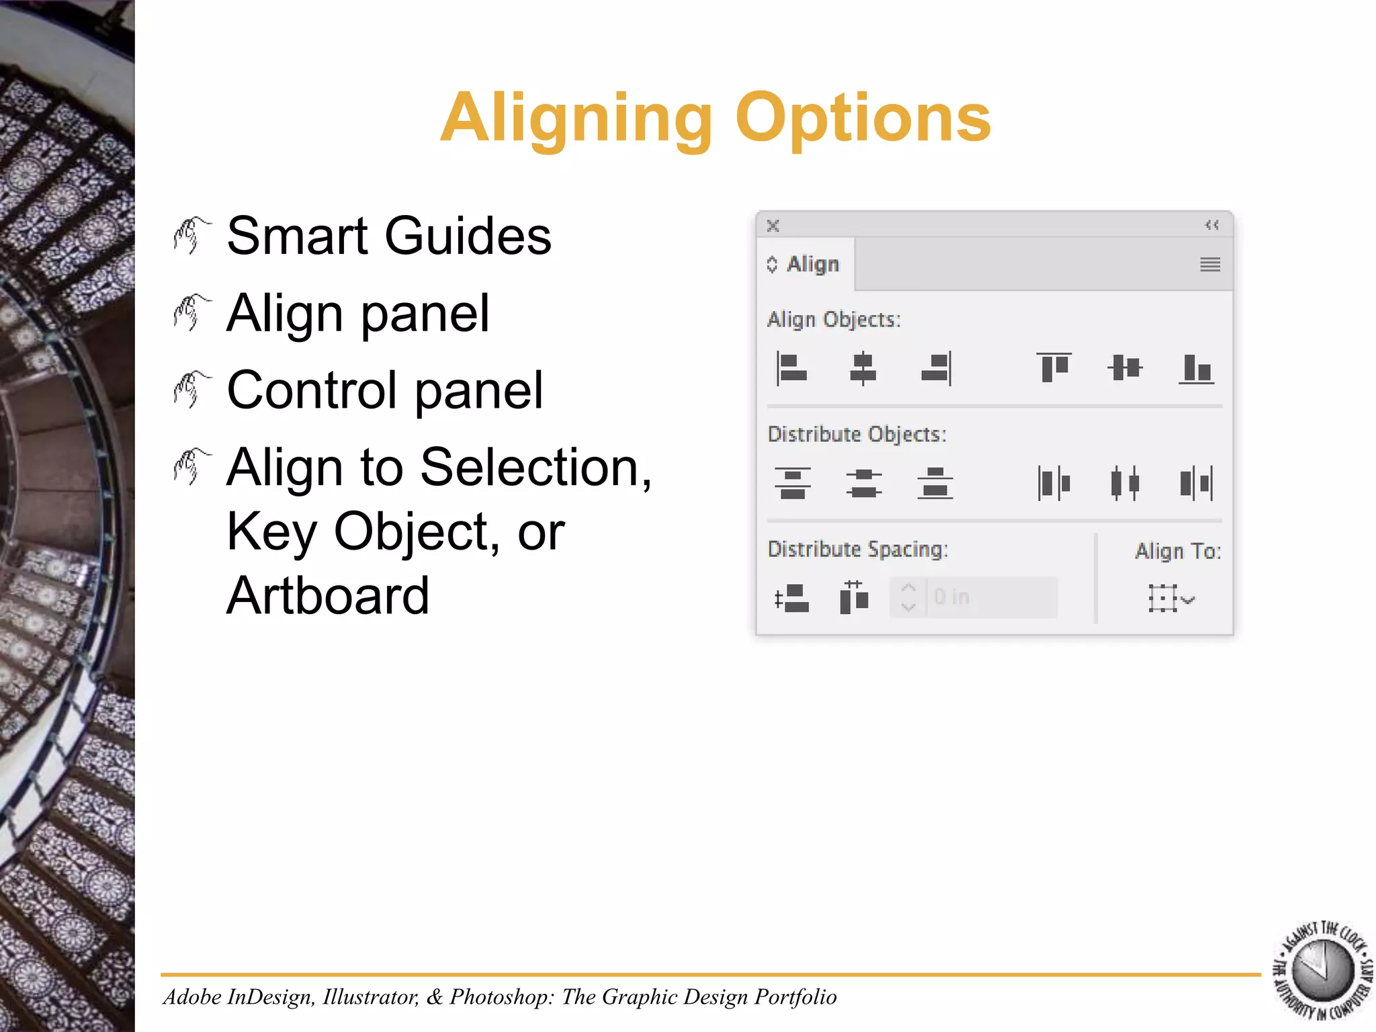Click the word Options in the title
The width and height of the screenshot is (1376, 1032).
pos(863,119)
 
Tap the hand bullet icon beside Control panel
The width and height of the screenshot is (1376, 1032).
pos(191,390)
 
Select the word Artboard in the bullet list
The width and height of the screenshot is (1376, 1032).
pos(328,595)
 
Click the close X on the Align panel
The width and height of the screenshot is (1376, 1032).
pos(773,226)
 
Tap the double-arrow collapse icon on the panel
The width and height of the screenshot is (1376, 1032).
pos(1211,225)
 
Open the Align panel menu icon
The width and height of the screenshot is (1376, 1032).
pos(1209,265)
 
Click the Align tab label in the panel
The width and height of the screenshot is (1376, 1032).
pos(812,264)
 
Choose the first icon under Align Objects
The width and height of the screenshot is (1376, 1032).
pos(792,368)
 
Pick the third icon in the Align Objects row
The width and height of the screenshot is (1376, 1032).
pos(936,368)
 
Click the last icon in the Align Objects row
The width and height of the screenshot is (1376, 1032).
pos(1196,368)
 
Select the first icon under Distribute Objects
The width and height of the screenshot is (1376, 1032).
pos(793,483)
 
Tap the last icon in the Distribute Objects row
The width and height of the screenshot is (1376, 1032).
pos(1196,483)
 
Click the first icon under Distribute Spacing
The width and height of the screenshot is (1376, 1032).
pos(792,598)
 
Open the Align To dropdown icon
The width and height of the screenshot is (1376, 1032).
pos(1170,598)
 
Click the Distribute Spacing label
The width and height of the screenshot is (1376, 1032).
pos(857,550)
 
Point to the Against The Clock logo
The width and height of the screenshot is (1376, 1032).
pos(1322,970)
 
